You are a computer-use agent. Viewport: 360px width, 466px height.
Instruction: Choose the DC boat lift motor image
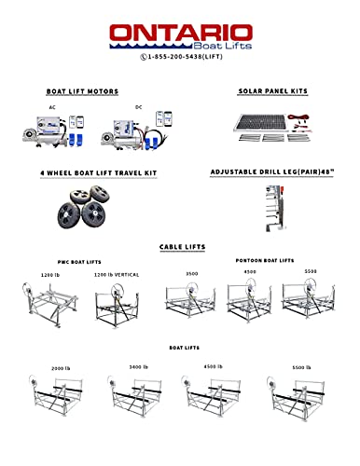point(138,130)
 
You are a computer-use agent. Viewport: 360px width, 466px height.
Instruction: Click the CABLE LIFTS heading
point(183,247)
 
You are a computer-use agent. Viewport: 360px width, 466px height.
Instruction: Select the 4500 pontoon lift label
point(249,271)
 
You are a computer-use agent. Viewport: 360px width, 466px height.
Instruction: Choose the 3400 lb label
point(138,367)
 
